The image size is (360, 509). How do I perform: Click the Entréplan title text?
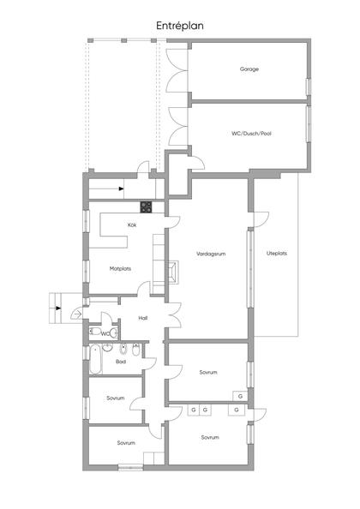point(180,27)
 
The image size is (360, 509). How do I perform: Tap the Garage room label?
point(249,69)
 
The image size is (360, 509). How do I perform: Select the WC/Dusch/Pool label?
point(250,134)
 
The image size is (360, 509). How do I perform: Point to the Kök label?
point(132,225)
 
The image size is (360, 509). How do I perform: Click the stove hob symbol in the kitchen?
point(147,207)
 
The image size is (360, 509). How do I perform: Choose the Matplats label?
point(120,268)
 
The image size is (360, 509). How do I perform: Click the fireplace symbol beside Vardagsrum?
point(174,272)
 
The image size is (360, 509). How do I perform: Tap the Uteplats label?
point(276,254)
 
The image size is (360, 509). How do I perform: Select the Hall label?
point(143,318)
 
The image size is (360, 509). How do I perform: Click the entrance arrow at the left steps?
point(58,306)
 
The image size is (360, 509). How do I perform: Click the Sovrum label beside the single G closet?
point(208,373)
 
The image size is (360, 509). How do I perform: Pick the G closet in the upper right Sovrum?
point(241,397)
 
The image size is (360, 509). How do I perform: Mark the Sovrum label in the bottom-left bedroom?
point(126,442)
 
